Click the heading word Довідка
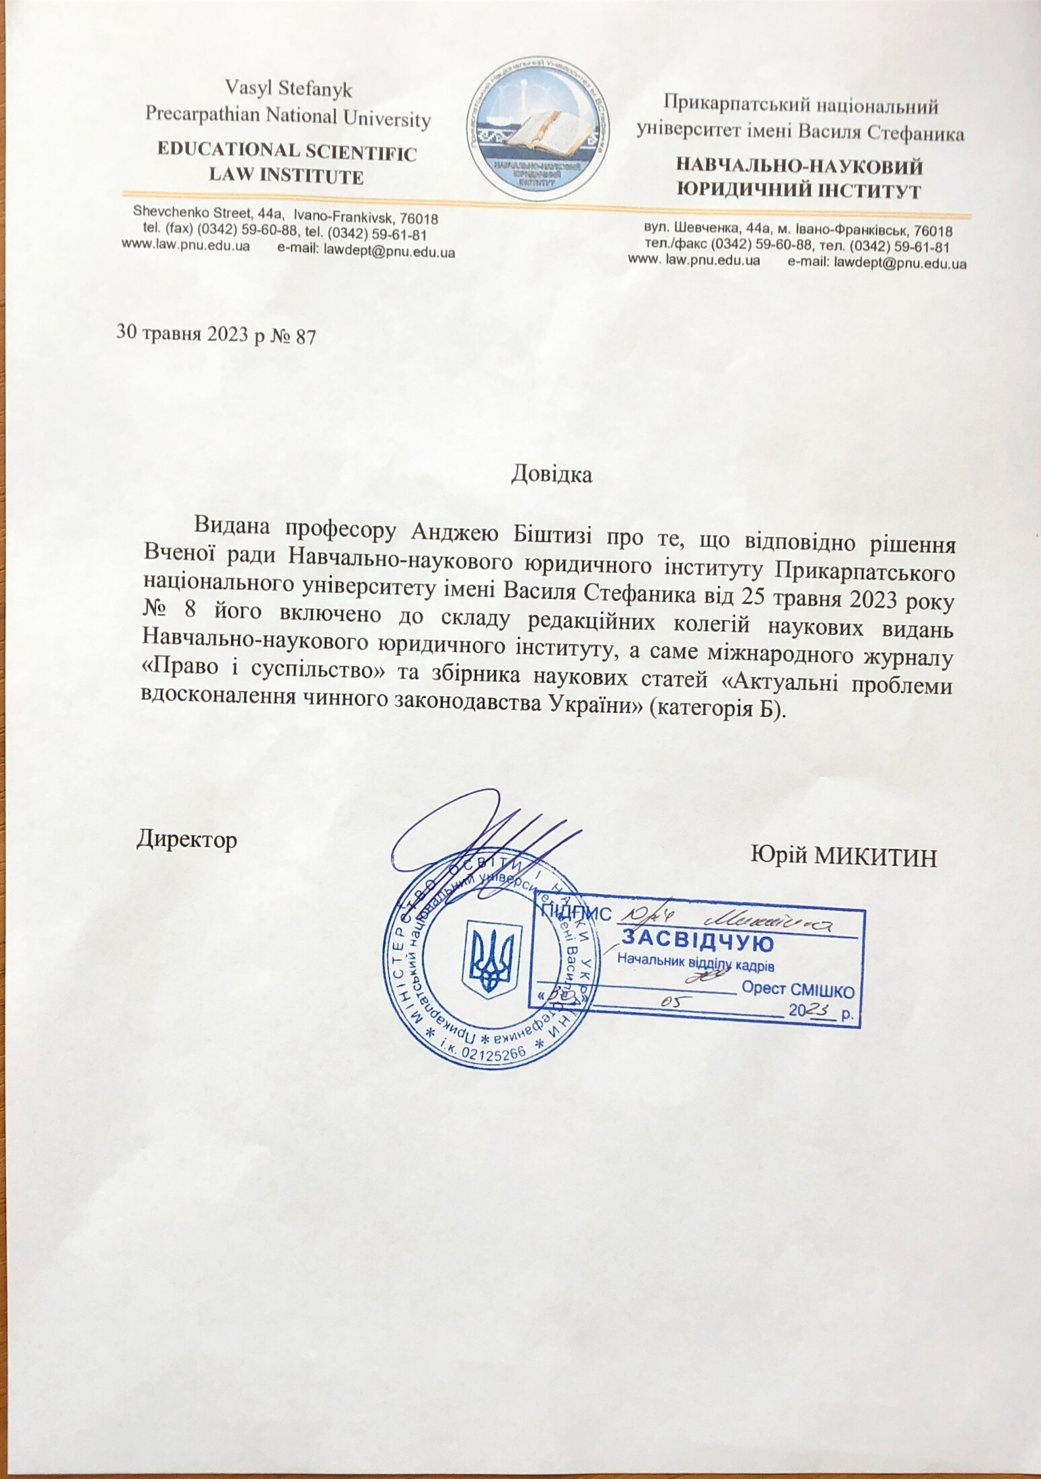[x=552, y=474]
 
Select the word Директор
[x=187, y=840]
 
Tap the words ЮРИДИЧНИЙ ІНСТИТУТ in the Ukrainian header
[x=798, y=190]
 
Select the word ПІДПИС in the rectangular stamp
[x=576, y=913]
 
